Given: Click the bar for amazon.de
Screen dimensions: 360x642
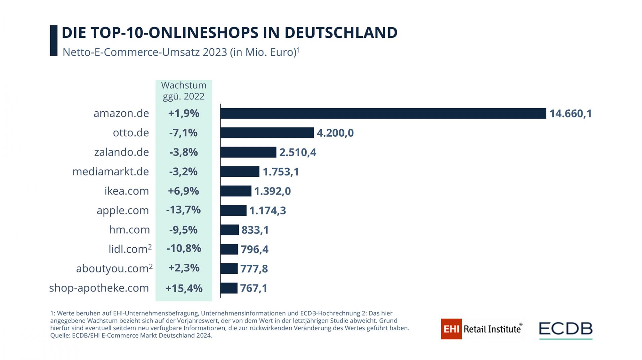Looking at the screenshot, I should [383, 113].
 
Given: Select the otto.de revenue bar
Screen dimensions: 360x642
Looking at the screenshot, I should [267, 133].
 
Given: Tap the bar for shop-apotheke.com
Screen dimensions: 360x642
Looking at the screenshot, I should [229, 288].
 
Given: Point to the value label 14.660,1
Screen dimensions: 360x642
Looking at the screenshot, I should [570, 114].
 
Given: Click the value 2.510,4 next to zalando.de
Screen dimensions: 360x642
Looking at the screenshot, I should [298, 152].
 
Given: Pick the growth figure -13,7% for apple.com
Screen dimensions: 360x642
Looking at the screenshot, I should [183, 210].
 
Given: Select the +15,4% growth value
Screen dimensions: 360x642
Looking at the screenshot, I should [184, 288].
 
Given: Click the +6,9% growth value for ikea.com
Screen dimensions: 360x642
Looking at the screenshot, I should [183, 191].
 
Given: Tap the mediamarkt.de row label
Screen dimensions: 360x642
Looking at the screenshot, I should [111, 171].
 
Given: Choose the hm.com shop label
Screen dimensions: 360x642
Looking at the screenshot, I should [129, 230].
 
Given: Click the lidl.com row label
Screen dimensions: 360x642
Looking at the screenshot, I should [128, 249].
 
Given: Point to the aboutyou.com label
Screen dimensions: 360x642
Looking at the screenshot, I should [112, 268].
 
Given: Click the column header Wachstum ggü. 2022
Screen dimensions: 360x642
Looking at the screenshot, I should [184, 91].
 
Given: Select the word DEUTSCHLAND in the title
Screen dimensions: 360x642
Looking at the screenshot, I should [341, 33].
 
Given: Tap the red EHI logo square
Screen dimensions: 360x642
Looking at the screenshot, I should [451, 329].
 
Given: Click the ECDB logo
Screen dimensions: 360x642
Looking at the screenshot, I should [565, 330].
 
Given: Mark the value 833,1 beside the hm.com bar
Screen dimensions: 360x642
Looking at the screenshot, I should [255, 230].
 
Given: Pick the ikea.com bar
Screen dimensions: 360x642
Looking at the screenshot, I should [236, 191].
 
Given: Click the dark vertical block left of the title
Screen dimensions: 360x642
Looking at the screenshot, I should [53, 40].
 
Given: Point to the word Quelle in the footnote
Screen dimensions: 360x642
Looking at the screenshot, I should [60, 336].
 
